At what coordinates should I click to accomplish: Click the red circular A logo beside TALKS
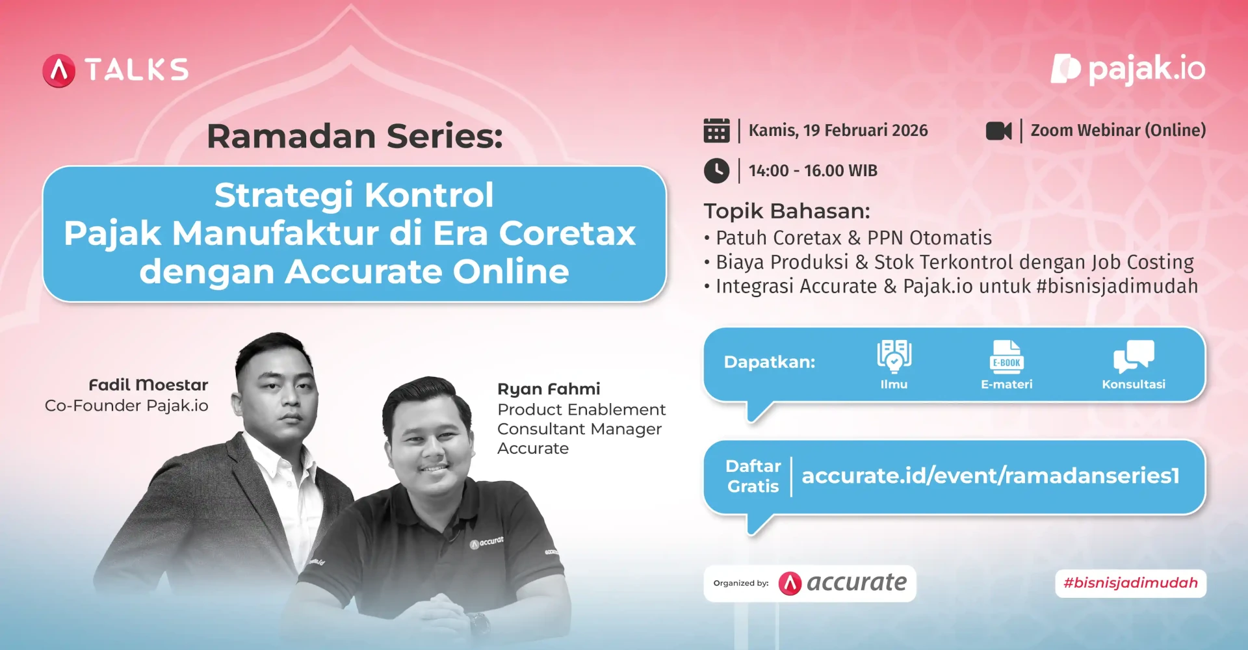[59, 71]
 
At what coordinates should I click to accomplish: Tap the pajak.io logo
[1128, 69]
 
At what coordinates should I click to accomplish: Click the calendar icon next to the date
[716, 131]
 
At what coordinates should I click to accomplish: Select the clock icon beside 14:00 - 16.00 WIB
[716, 171]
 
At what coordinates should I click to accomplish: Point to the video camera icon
[998, 131]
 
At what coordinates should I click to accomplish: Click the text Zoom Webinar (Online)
[1118, 130]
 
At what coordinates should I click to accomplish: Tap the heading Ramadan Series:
[354, 136]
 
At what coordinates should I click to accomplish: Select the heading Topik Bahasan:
[786, 211]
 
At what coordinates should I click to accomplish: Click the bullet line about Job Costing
[954, 262]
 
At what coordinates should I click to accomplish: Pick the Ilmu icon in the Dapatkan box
[894, 356]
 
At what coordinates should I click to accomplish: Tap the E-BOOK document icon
[1006, 356]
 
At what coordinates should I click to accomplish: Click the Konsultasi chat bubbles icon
[1133, 356]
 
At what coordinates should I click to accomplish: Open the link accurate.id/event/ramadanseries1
[990, 476]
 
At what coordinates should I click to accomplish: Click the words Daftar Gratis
[753, 476]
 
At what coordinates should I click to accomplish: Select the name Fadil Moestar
[148, 385]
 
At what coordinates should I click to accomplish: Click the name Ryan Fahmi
[549, 389]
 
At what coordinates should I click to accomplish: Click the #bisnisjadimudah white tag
[1130, 583]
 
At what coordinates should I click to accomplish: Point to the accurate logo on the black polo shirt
[487, 542]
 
